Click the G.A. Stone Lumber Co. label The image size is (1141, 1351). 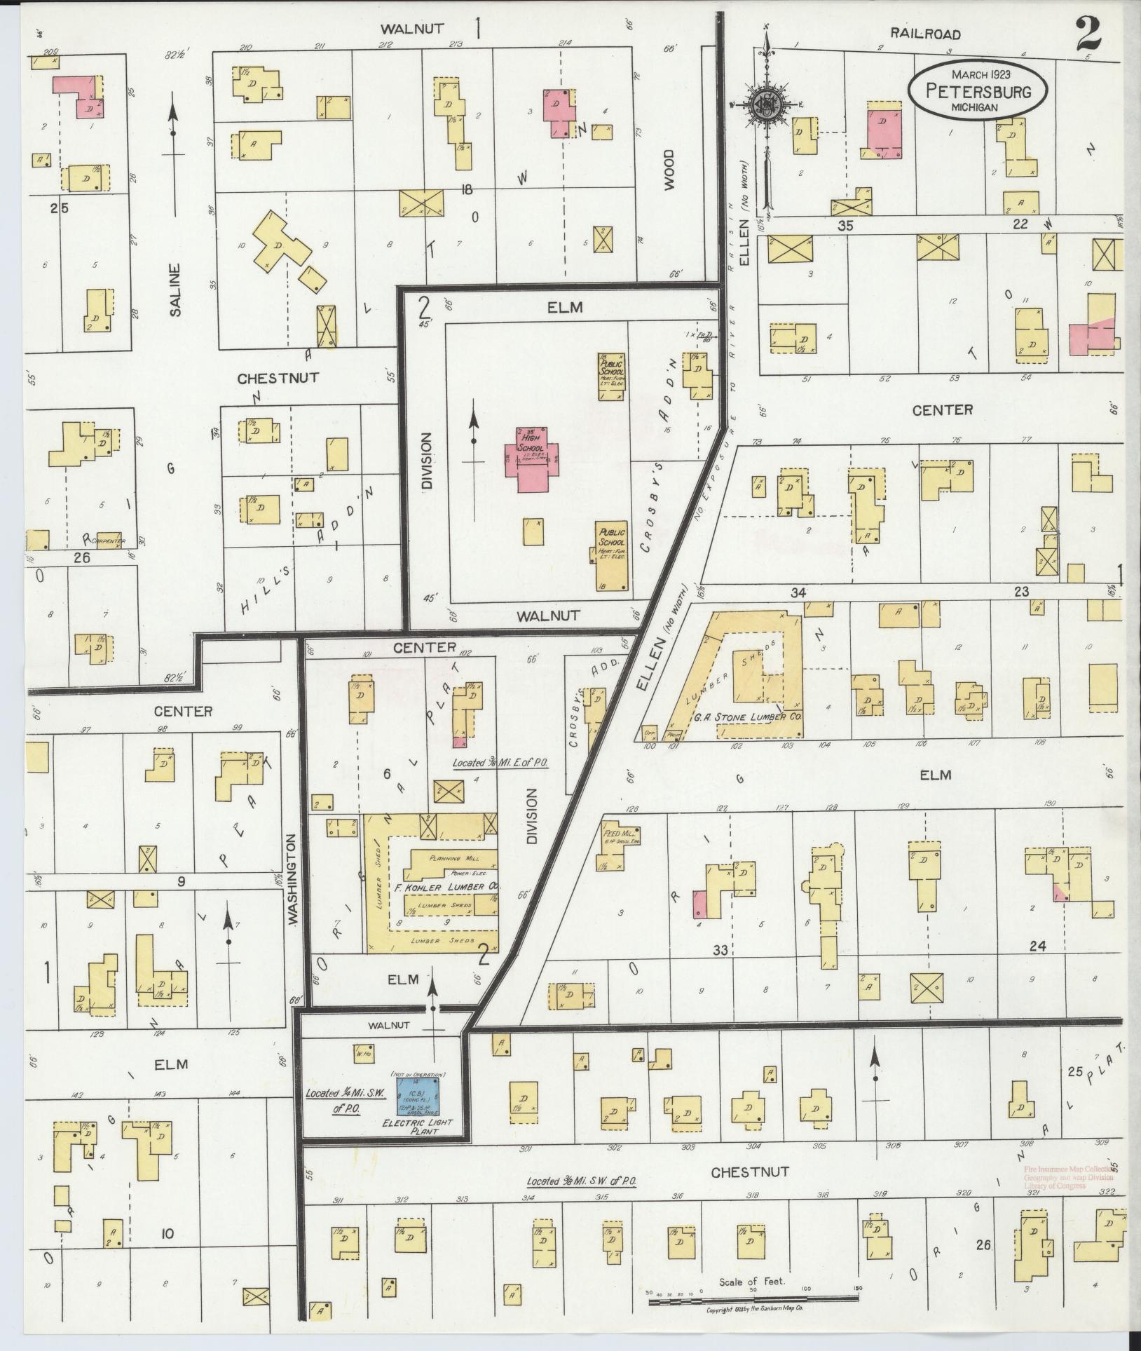tap(760, 718)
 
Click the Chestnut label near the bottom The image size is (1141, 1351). tap(750, 1172)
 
